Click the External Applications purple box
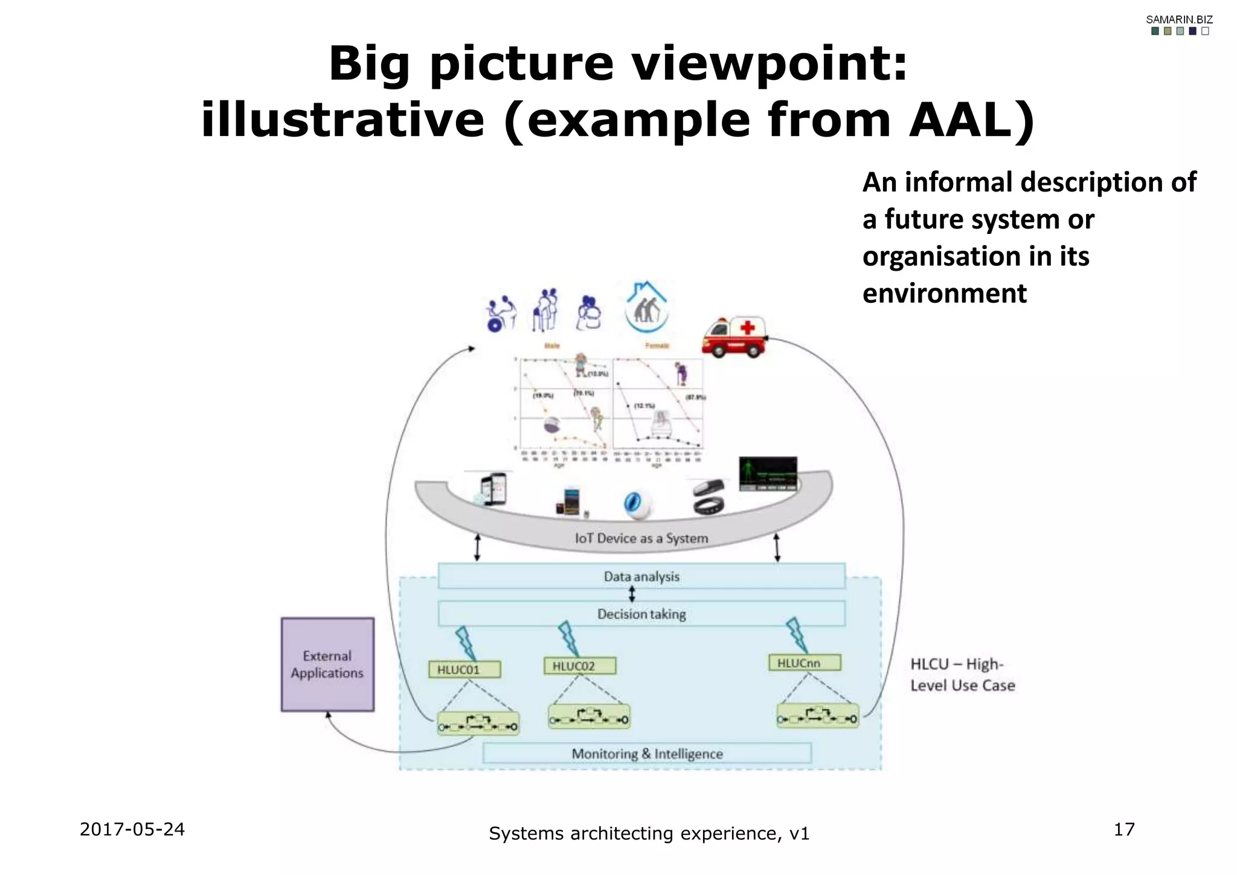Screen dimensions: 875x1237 (327, 664)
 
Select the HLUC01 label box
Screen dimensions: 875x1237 (464, 670)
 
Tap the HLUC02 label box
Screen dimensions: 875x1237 (579, 666)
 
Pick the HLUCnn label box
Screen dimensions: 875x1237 (804, 663)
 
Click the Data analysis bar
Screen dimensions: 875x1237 (641, 576)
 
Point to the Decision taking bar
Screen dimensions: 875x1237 (641, 614)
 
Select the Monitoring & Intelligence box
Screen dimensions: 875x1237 (646, 754)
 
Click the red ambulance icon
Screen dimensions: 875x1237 (733, 337)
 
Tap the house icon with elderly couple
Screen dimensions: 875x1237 (646, 308)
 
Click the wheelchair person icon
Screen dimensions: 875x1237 (501, 314)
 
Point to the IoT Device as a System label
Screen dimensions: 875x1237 (641, 538)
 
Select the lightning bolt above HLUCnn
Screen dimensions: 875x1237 (797, 634)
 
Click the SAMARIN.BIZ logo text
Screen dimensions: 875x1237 (1179, 19)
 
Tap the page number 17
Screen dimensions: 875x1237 (1124, 829)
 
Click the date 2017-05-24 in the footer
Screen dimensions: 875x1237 (132, 829)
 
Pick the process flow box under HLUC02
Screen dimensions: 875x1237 (589, 717)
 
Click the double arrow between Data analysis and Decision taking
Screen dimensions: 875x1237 (632, 594)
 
